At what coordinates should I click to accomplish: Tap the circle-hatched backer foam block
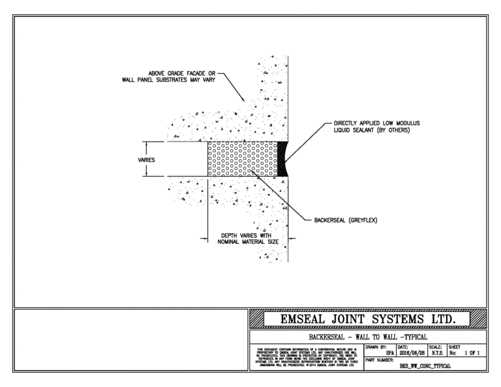[241, 159]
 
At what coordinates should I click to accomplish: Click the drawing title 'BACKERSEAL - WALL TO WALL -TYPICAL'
[369, 336]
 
